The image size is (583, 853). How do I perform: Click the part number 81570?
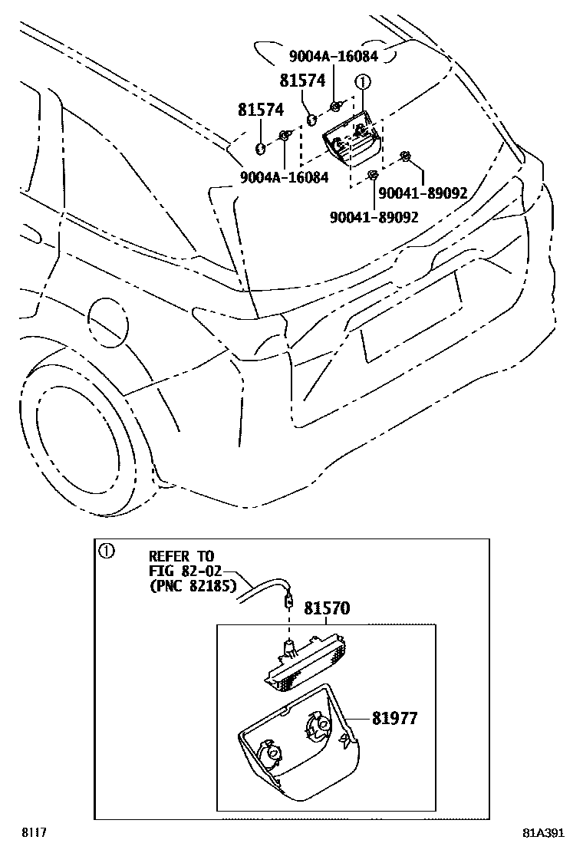(x=327, y=608)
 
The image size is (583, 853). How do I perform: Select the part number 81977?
(x=395, y=718)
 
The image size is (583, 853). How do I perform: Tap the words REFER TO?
(x=182, y=555)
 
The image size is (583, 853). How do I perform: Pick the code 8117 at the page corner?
(x=31, y=832)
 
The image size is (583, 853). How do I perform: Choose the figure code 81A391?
(x=545, y=833)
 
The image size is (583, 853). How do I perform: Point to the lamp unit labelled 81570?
(x=307, y=661)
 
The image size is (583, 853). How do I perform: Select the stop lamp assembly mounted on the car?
(x=353, y=140)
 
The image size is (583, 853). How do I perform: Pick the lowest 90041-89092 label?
(x=374, y=217)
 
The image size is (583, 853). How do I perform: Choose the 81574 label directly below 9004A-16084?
(x=302, y=80)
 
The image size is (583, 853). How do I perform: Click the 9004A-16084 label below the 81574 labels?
(x=285, y=177)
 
